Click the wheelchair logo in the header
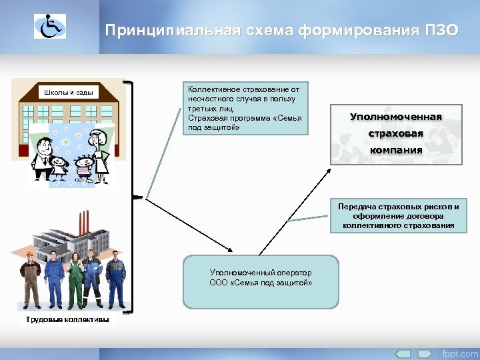50,26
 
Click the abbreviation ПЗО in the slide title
441,31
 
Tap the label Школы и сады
67,92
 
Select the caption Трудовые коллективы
67,320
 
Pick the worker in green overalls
75,280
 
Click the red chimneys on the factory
83,223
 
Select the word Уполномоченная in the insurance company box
396,117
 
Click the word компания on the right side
397,149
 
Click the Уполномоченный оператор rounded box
260,281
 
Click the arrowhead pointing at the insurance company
330,171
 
